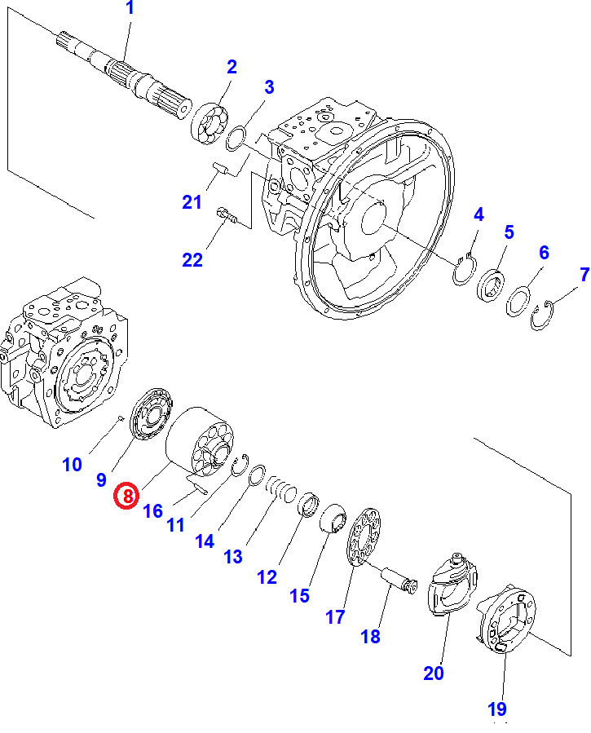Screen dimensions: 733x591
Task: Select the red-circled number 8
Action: [x=127, y=495]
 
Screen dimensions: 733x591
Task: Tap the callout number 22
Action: [x=192, y=260]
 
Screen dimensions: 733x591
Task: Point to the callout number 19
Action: [x=497, y=709]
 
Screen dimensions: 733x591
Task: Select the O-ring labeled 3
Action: [x=235, y=139]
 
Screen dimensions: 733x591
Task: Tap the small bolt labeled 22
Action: [x=227, y=217]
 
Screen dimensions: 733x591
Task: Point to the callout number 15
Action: [x=300, y=595]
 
